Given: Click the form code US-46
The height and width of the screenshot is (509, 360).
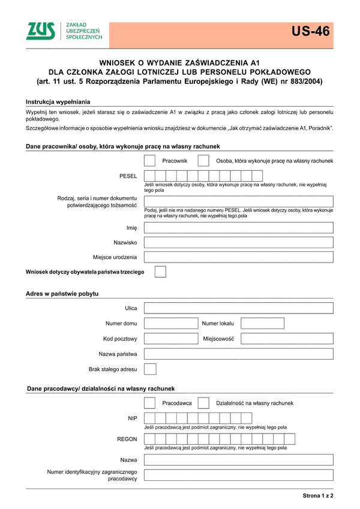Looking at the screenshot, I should point(311,32).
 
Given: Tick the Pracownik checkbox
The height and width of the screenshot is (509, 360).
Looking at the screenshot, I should point(150,161).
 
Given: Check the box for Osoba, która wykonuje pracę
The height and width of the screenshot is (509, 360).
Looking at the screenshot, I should point(203,161).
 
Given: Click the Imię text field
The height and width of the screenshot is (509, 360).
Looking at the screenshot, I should point(239,228).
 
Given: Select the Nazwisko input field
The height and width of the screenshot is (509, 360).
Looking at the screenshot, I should point(239,243).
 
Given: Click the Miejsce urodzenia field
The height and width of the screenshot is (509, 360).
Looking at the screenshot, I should point(239,258).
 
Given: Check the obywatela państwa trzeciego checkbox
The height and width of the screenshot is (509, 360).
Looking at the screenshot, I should point(160,272).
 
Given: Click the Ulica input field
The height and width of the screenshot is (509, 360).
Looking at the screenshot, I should point(239,308).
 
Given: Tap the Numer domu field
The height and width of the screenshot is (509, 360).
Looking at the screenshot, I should point(170,324).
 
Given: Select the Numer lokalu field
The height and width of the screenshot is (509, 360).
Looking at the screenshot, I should point(262,324).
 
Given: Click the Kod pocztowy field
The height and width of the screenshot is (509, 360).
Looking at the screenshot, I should point(170,339).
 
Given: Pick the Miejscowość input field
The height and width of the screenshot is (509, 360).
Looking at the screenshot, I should point(287,339).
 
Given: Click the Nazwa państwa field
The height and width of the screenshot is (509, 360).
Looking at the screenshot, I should point(239,354).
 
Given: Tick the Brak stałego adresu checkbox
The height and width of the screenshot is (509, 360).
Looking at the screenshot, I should point(150,369).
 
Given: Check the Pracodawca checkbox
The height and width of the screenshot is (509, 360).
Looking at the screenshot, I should point(150,403).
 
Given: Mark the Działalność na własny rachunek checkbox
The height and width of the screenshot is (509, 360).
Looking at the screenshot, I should point(203,403).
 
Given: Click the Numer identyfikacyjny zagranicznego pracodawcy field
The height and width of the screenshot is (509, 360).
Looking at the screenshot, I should point(239,475).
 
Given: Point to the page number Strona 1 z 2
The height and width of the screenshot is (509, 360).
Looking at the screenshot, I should point(317,496).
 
